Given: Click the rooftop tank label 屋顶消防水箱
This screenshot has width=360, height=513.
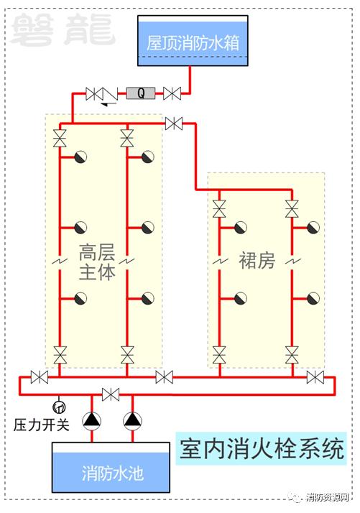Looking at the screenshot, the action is point(193,43).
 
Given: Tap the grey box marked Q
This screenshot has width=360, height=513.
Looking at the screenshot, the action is point(141,93).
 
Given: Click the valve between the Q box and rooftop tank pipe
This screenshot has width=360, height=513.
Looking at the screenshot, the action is point(172,93).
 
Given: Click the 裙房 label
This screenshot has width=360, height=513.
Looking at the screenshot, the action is point(257,261).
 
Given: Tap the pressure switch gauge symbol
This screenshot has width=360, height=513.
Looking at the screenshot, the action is point(59,407).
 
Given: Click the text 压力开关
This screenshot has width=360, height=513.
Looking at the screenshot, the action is point(42,425).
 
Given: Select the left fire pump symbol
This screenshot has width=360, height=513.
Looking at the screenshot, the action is point(92,421).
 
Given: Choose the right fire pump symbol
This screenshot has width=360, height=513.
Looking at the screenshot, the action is point(132,421).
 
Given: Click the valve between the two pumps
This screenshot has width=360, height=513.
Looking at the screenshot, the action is point(111,394).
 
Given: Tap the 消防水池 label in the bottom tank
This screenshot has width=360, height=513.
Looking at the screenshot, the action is point(112,473).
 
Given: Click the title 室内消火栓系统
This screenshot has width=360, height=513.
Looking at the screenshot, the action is point(262,449).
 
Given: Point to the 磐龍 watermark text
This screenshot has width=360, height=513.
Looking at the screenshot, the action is point(63,29).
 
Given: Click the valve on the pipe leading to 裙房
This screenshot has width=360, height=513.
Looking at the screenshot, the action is point(174,124).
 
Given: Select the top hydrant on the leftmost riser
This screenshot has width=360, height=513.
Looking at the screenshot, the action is point(80,157).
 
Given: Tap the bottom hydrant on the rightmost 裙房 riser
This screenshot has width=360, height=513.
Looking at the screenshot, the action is point(313,298).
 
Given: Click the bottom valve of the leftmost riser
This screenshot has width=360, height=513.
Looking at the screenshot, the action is point(60,355).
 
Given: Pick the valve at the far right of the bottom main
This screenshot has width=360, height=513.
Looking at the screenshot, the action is point(315,377).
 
